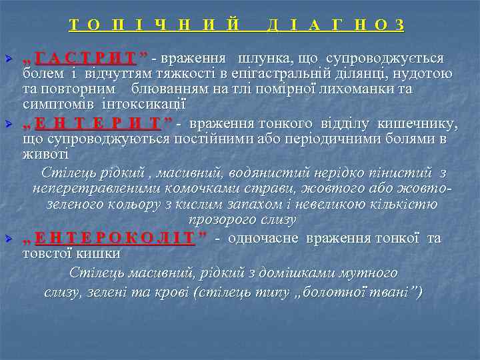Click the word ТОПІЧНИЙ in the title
coord(155,25)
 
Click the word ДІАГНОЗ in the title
coord(335,25)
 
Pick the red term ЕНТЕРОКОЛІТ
coord(115,238)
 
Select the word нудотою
coord(425,73)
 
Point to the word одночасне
coord(262,238)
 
